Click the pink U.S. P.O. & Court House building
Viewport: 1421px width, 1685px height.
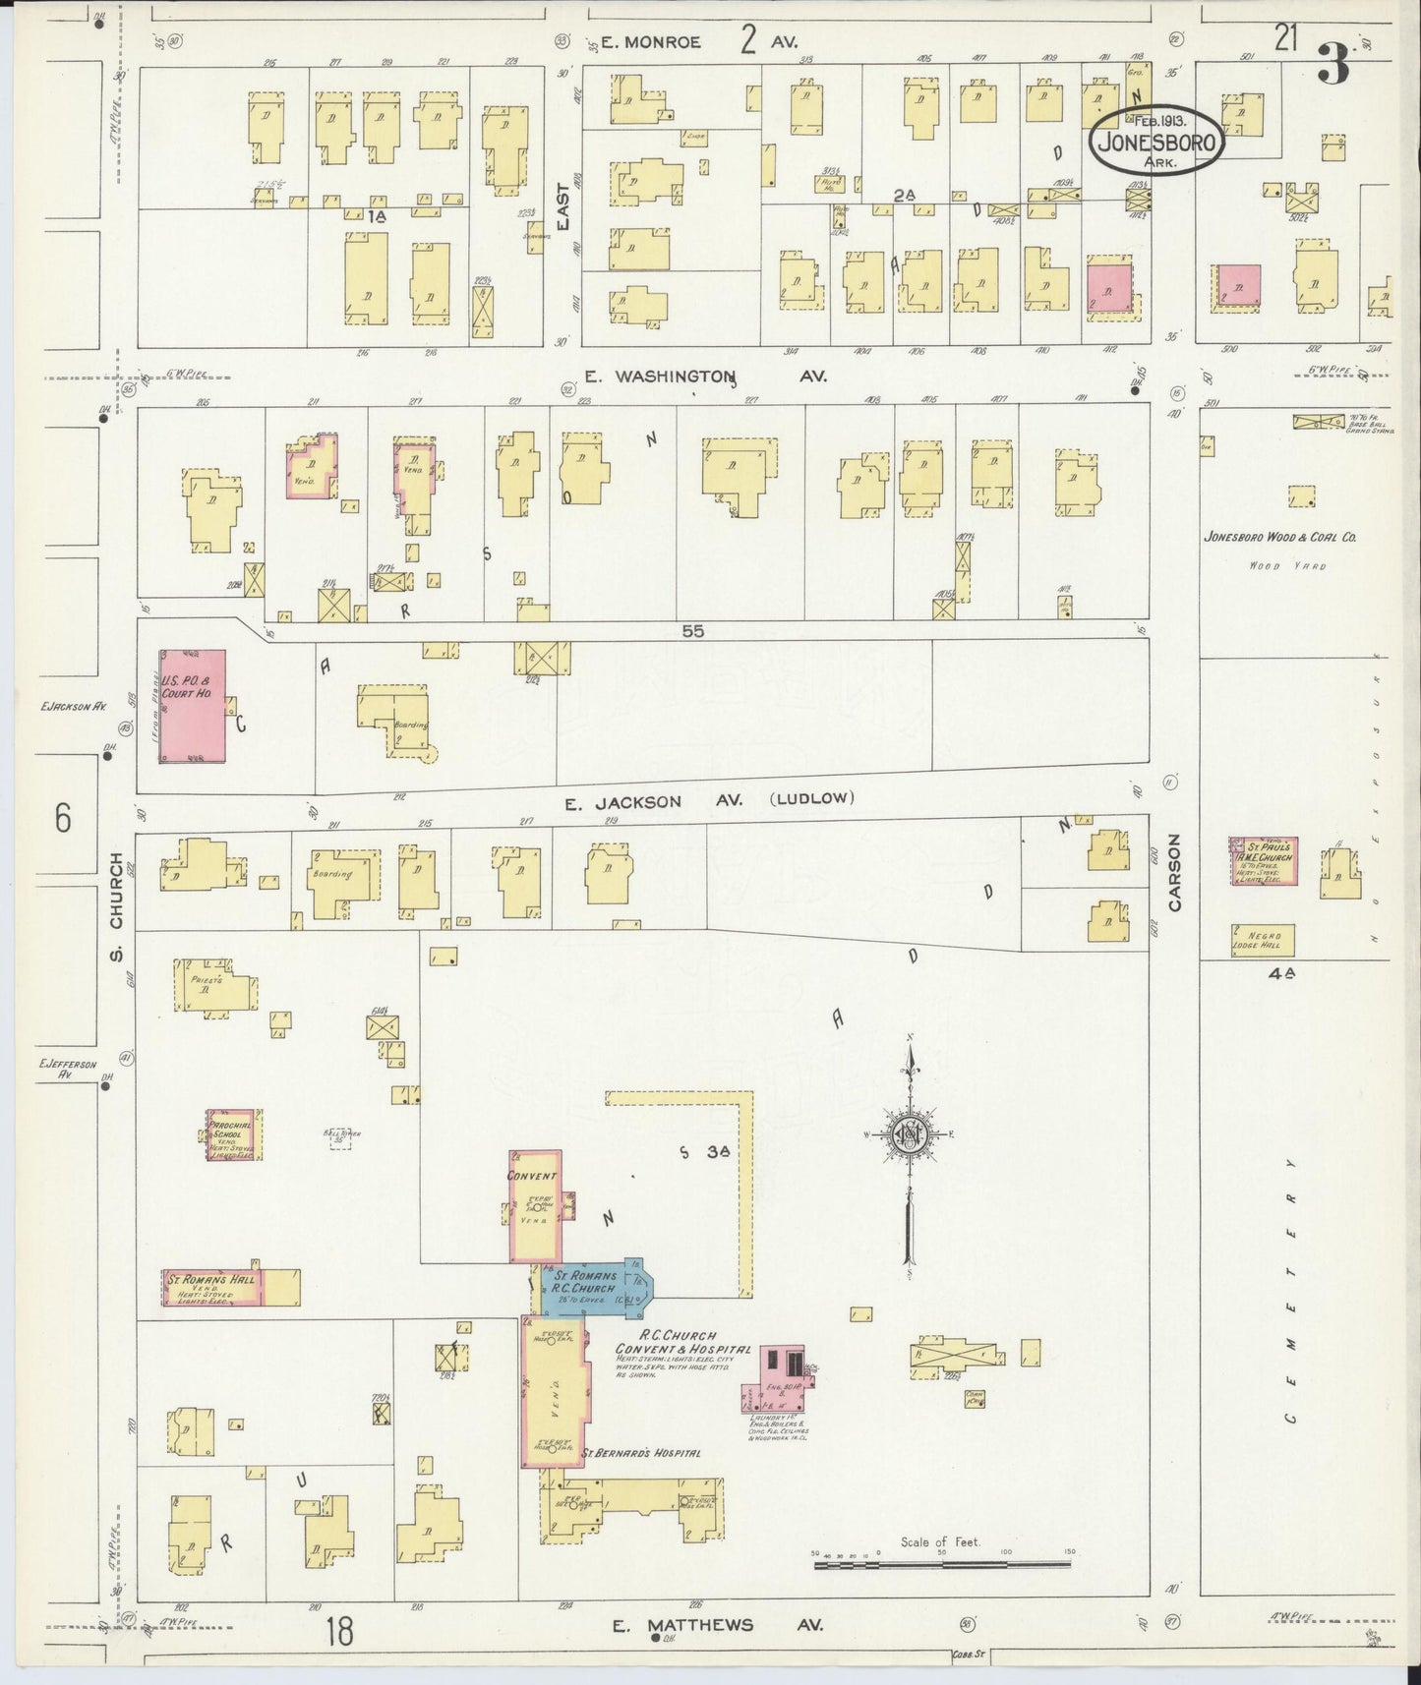(193, 705)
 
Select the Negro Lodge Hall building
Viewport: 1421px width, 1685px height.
(1262, 940)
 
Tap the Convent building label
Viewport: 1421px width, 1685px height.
(532, 1176)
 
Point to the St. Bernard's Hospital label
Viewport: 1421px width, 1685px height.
(640, 1453)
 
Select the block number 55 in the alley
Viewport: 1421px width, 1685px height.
(693, 632)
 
